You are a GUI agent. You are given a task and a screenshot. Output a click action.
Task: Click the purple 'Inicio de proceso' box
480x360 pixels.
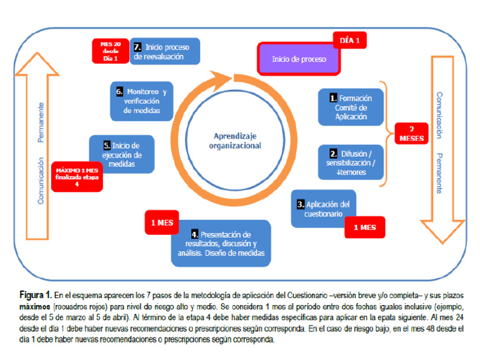click(x=299, y=59)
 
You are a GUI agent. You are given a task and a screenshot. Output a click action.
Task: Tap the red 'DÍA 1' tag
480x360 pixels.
click(x=349, y=41)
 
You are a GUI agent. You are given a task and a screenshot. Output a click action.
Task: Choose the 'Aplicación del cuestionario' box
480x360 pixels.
click(x=323, y=209)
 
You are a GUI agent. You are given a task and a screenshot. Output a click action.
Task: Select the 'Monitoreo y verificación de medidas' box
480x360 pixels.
click(x=142, y=101)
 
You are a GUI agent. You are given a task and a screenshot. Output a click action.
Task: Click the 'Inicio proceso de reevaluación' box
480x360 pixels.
click(x=166, y=51)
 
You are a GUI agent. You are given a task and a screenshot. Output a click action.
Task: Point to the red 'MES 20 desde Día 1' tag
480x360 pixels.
click(x=110, y=50)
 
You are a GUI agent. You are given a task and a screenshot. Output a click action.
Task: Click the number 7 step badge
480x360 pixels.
click(x=137, y=47)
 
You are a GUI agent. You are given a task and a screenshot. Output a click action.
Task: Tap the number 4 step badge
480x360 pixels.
click(x=195, y=234)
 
